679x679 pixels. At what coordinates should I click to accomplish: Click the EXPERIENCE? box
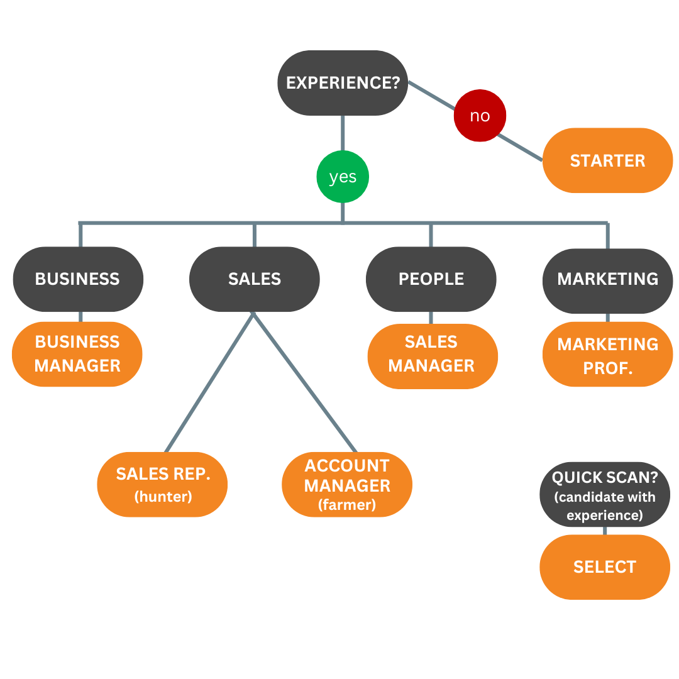click(343, 83)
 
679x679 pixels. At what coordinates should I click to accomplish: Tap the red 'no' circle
click(480, 116)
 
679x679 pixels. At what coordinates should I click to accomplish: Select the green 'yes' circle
click(343, 177)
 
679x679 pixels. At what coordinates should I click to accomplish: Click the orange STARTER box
click(607, 160)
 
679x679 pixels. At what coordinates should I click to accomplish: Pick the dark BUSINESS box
click(78, 279)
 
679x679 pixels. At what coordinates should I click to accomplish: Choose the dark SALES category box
click(254, 279)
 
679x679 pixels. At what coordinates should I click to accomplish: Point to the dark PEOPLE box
click(431, 279)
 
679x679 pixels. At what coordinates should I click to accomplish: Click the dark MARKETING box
click(607, 279)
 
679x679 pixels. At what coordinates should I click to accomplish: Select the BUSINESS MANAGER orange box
click(77, 354)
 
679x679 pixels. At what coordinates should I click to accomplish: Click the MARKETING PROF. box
click(607, 355)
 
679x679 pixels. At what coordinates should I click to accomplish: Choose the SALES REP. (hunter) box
click(162, 484)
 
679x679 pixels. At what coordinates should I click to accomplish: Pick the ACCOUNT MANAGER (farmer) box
click(347, 484)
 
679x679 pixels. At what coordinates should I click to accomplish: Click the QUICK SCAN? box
click(605, 495)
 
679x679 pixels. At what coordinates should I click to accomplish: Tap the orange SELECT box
click(605, 566)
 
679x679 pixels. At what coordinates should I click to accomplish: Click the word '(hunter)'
click(163, 497)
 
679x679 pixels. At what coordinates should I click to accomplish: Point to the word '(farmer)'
click(347, 505)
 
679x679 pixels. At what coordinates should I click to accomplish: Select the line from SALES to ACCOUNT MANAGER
click(304, 382)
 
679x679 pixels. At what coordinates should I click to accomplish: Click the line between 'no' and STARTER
click(519, 147)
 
